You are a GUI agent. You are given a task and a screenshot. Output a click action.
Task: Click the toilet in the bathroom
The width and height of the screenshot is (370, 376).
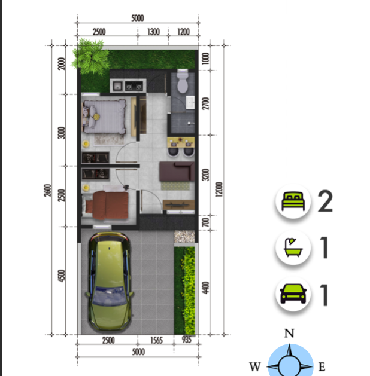pyautogui.click(x=183, y=81)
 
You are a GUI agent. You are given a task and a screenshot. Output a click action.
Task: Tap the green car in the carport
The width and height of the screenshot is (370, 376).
pyautogui.click(x=110, y=281)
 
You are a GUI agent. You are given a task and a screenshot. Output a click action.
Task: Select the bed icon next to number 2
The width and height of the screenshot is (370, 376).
pyautogui.click(x=293, y=201)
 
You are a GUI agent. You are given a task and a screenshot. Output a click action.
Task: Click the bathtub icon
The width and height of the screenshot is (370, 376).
pyautogui.click(x=293, y=247)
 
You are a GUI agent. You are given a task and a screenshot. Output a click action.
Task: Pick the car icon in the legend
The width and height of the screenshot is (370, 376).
pyautogui.click(x=293, y=294)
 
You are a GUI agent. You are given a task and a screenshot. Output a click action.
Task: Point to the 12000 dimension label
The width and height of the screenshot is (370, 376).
pyautogui.click(x=219, y=189)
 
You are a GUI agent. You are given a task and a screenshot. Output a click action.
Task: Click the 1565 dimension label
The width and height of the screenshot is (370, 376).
pyautogui.click(x=156, y=340)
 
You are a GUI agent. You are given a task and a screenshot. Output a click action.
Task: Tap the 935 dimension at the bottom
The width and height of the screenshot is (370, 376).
pyautogui.click(x=187, y=340)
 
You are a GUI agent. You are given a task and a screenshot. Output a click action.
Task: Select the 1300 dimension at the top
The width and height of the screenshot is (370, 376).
pyautogui.click(x=153, y=32)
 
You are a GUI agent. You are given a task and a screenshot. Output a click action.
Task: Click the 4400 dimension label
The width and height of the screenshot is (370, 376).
pyautogui.click(x=205, y=288)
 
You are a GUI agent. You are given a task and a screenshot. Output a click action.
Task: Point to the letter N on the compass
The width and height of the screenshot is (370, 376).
pyautogui.click(x=289, y=333)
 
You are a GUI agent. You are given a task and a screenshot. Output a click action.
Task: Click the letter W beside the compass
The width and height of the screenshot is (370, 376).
pyautogui.click(x=255, y=366)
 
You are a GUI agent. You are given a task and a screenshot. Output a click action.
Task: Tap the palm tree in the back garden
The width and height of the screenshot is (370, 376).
pyautogui.click(x=90, y=56)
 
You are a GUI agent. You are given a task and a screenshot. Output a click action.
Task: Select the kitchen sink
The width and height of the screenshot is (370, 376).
pyautogui.click(x=117, y=86)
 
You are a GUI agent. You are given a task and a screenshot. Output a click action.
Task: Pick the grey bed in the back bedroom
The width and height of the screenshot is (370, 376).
pyautogui.click(x=104, y=117)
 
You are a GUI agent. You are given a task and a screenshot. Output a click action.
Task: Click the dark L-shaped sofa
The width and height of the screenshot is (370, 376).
pyautogui.click(x=177, y=171)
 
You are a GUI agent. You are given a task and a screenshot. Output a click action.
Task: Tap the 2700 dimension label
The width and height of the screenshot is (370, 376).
pyautogui.click(x=205, y=103)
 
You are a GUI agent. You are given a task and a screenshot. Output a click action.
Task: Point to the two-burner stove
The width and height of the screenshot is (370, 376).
pyautogui.click(x=134, y=86)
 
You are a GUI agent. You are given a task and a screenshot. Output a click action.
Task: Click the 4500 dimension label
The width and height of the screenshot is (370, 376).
pyautogui.click(x=61, y=276)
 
